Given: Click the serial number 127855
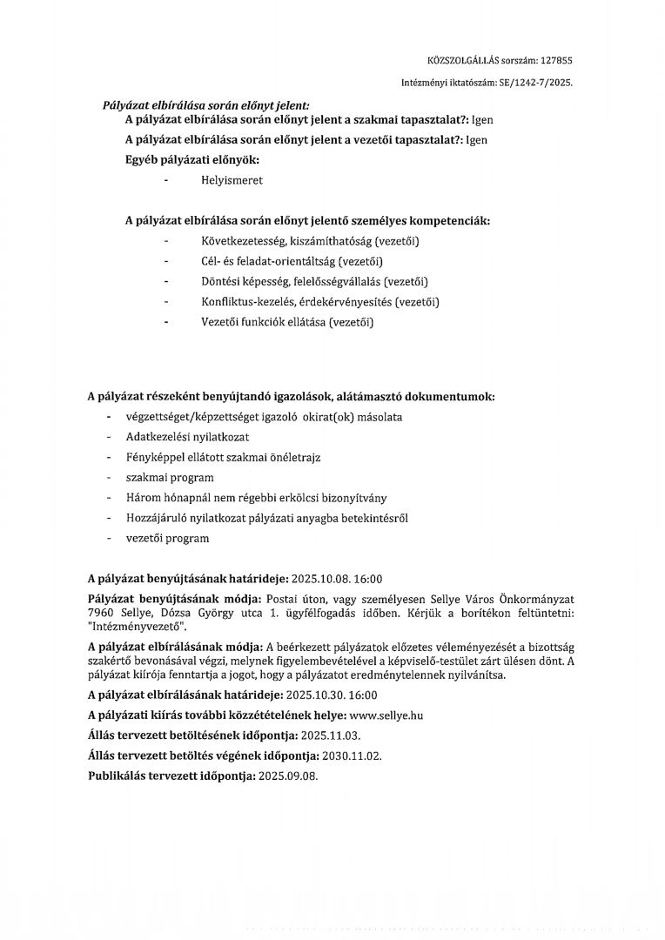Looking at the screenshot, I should [x=557, y=60].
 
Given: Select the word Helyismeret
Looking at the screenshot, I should [x=231, y=180].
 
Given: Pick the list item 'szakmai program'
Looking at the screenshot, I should [x=170, y=478].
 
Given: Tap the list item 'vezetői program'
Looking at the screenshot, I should [x=167, y=538].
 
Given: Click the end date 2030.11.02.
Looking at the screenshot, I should [x=351, y=755].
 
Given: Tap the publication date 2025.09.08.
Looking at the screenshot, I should [x=283, y=775].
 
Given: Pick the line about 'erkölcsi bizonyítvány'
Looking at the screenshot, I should [x=257, y=498].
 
